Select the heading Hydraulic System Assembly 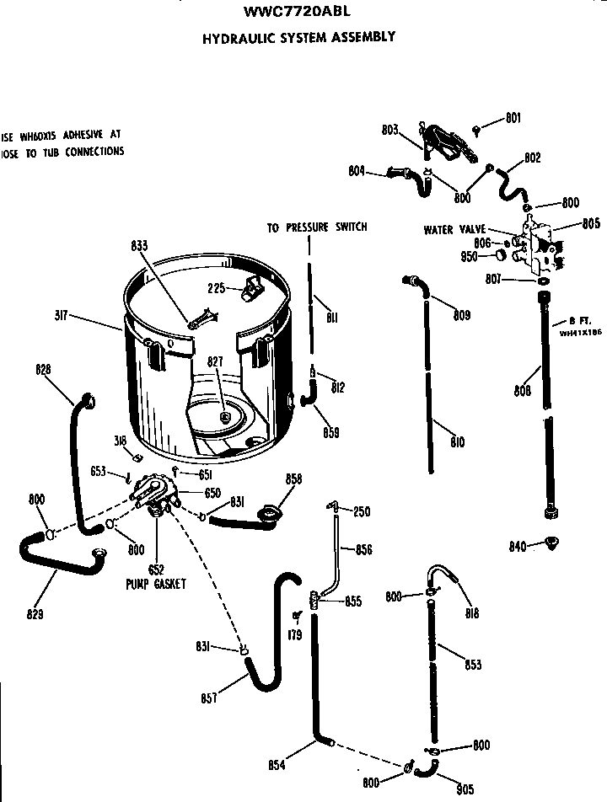tap(298, 37)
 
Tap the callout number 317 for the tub tap(61, 317)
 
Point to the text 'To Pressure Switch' tap(317, 227)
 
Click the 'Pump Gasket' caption tap(156, 583)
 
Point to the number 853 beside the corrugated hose tap(473, 665)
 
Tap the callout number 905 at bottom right tap(465, 789)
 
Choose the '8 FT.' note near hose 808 tap(577, 321)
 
